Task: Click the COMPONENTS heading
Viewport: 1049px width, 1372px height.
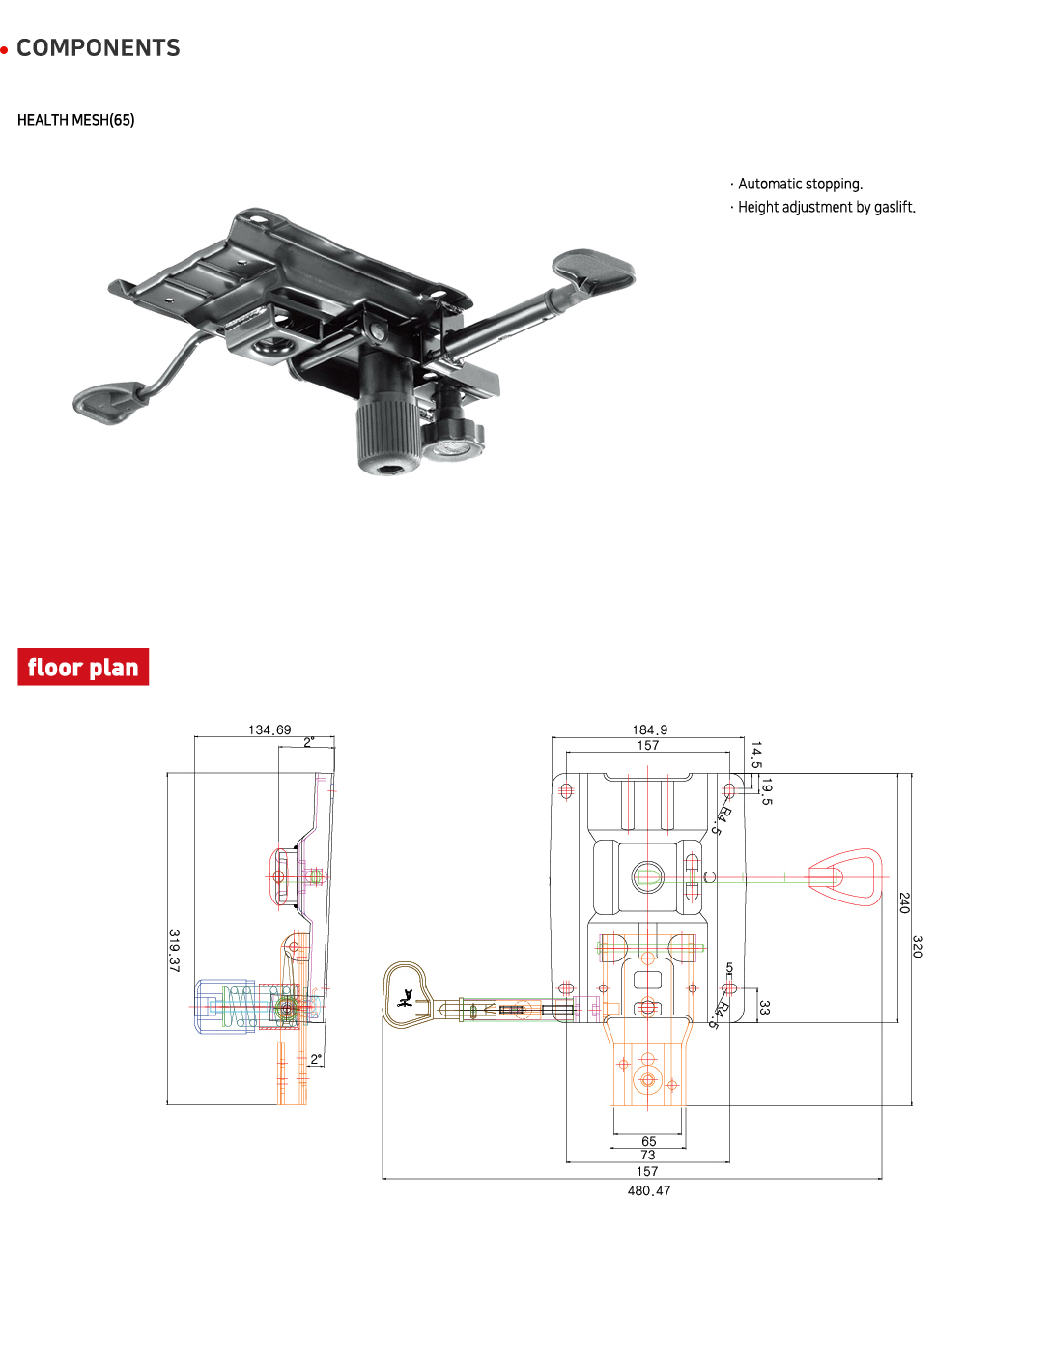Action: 98,48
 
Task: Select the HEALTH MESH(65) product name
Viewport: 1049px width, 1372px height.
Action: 75,120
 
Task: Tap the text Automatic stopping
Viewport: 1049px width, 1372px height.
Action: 799,184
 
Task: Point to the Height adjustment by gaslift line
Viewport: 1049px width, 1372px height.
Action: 826,207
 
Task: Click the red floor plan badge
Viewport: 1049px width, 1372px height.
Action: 83,668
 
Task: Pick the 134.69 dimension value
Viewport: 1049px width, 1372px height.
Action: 269,729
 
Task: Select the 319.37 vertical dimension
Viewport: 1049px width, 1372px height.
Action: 174,951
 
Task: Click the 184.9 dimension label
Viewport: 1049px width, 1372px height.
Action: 650,729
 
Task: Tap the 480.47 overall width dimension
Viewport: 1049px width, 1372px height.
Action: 649,1190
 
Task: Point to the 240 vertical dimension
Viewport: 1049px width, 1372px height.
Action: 904,902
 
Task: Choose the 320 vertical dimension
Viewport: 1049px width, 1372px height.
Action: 918,946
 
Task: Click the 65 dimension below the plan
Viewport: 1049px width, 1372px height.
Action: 649,1141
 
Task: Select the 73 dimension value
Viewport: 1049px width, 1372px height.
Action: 648,1155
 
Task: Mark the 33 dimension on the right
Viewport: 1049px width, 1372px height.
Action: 765,1007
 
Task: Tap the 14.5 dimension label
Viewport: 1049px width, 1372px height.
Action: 756,755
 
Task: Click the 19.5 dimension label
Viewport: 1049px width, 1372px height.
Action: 767,790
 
